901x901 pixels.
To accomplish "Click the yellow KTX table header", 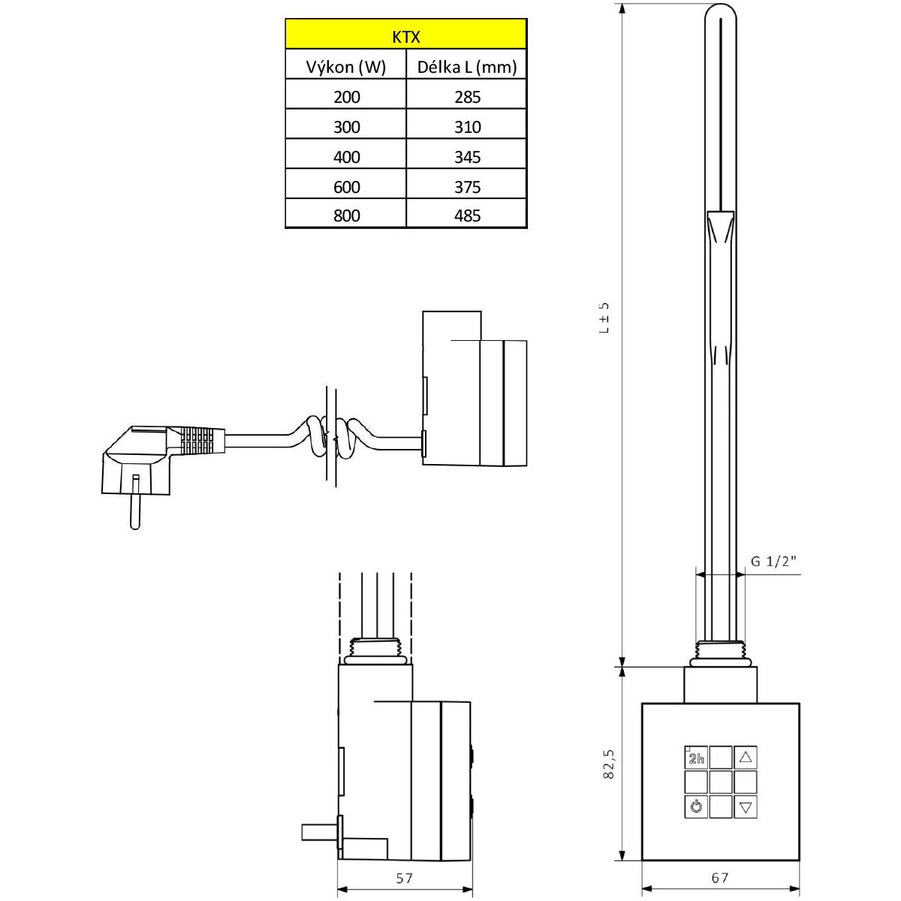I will pos(405,35).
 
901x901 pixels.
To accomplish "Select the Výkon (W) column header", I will pos(345,67).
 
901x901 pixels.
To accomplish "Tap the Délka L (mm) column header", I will pos(466,67).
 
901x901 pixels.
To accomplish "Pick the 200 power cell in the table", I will pos(346,97).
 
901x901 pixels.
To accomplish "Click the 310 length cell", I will pos(467,127).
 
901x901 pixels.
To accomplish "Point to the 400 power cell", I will pos(346,157).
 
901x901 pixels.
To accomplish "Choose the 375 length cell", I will pos(467,187).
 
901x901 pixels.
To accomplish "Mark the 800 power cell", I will pos(346,215).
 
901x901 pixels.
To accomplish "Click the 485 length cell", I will pos(467,215).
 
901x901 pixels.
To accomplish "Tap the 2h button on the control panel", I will pos(695,757).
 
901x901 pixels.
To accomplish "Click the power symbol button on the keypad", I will pos(695,807).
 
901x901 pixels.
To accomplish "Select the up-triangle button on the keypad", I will pos(745,757).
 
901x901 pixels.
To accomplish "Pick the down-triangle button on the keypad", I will pos(745,807).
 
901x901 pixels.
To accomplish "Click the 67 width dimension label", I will pos(720,878).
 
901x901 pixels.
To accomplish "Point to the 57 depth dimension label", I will pos(404,878).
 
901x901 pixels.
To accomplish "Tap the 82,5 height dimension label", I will pos(608,764).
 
